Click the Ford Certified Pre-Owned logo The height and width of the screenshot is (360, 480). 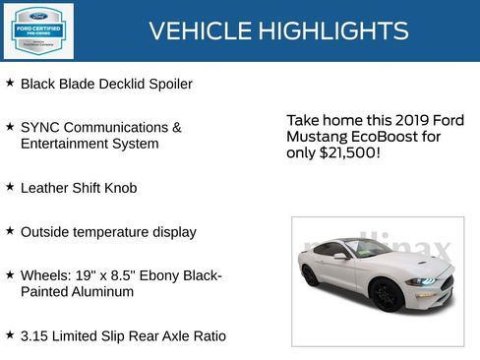click(x=37, y=30)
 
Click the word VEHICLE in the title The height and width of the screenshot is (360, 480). click(x=197, y=31)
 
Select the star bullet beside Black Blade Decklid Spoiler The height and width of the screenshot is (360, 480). click(x=10, y=83)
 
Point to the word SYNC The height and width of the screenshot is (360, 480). click(x=40, y=128)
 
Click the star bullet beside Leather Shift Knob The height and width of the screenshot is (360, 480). click(x=10, y=186)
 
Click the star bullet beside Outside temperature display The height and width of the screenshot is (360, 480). click(x=10, y=230)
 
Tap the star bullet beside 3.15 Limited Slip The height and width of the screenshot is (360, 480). click(x=10, y=334)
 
